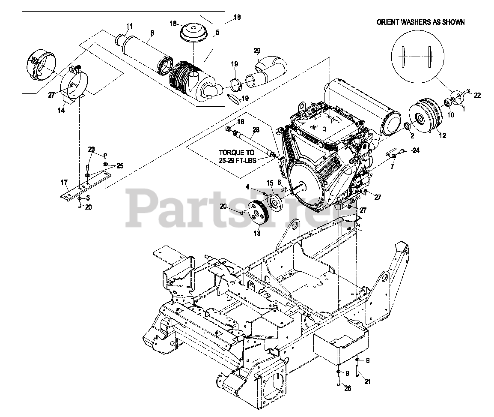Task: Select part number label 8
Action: pyautogui.click(x=152, y=32)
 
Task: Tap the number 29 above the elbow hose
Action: pyautogui.click(x=257, y=51)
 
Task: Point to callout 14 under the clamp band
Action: pyautogui.click(x=61, y=110)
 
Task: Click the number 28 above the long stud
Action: pyautogui.click(x=256, y=129)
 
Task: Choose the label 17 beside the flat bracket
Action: pyautogui.click(x=64, y=182)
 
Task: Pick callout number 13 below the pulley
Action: pyautogui.click(x=257, y=234)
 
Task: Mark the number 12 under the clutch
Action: pyautogui.click(x=442, y=135)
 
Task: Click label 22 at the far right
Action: pyautogui.click(x=477, y=95)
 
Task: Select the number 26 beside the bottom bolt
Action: pyautogui.click(x=348, y=389)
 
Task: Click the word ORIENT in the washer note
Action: pyautogui.click(x=388, y=22)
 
